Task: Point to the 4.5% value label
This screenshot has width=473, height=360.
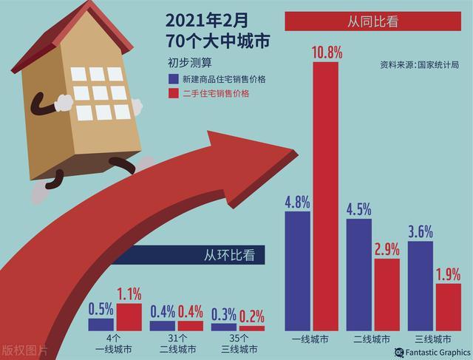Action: click(x=359, y=209)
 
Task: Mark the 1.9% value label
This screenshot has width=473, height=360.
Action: click(x=447, y=274)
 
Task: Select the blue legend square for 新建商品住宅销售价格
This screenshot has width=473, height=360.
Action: click(x=172, y=78)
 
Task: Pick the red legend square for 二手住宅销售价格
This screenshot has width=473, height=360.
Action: click(x=172, y=93)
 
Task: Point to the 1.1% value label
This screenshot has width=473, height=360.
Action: click(x=129, y=293)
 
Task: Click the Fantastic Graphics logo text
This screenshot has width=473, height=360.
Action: click(x=438, y=353)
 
